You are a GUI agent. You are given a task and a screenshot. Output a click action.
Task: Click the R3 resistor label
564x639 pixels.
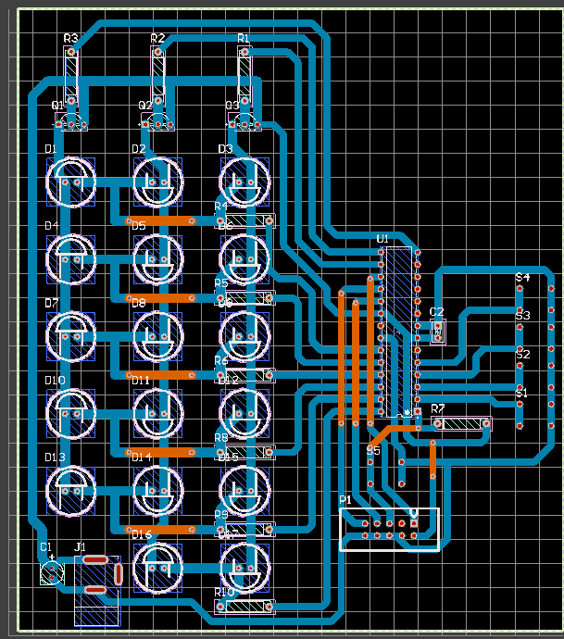tap(71, 38)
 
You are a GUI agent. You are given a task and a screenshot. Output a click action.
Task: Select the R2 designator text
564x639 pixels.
tap(157, 38)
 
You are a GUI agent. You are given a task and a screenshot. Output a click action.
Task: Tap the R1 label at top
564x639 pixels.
tap(244, 38)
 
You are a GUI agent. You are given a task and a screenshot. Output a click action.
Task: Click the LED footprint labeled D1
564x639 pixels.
tap(70, 181)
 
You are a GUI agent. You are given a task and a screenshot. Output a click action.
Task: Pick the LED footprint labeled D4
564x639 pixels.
tap(70, 257)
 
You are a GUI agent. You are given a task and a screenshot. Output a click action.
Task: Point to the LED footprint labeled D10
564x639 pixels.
tap(70, 411)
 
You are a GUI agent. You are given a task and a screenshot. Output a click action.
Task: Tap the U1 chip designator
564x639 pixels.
tap(382, 239)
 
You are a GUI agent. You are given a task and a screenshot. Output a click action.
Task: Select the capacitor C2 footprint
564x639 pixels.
tap(438, 331)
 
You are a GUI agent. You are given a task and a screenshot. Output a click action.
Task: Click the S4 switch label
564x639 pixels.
tap(522, 278)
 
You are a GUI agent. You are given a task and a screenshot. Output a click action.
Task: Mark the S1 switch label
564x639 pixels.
tap(521, 393)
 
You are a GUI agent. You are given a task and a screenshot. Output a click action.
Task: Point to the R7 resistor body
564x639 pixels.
tap(461, 424)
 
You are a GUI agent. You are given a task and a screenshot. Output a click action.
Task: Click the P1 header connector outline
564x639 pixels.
tap(389, 529)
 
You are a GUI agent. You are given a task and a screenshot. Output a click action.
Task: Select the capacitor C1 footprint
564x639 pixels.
tap(52, 572)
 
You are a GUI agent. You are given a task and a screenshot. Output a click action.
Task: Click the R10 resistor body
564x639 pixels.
tap(244, 607)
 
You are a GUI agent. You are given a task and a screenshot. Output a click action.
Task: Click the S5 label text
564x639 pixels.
tap(373, 450)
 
